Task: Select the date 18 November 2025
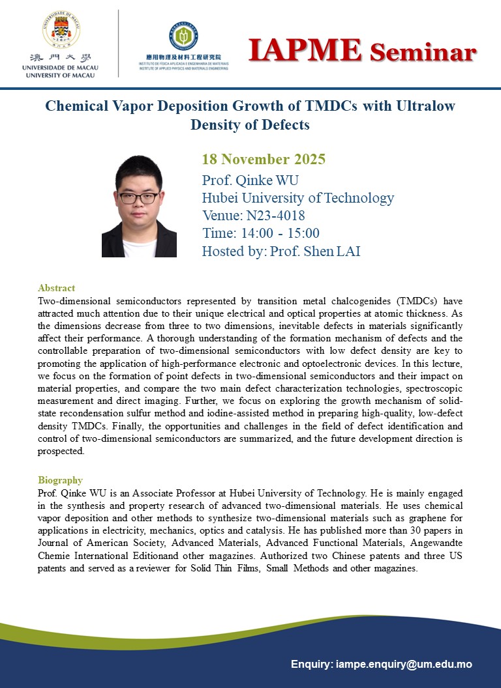coord(264,160)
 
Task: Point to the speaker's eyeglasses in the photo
coord(138,197)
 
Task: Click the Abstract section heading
coord(57,288)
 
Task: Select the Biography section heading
coord(61,480)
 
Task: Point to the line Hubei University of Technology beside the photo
coord(298,198)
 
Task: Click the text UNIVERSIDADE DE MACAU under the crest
coord(58,68)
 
